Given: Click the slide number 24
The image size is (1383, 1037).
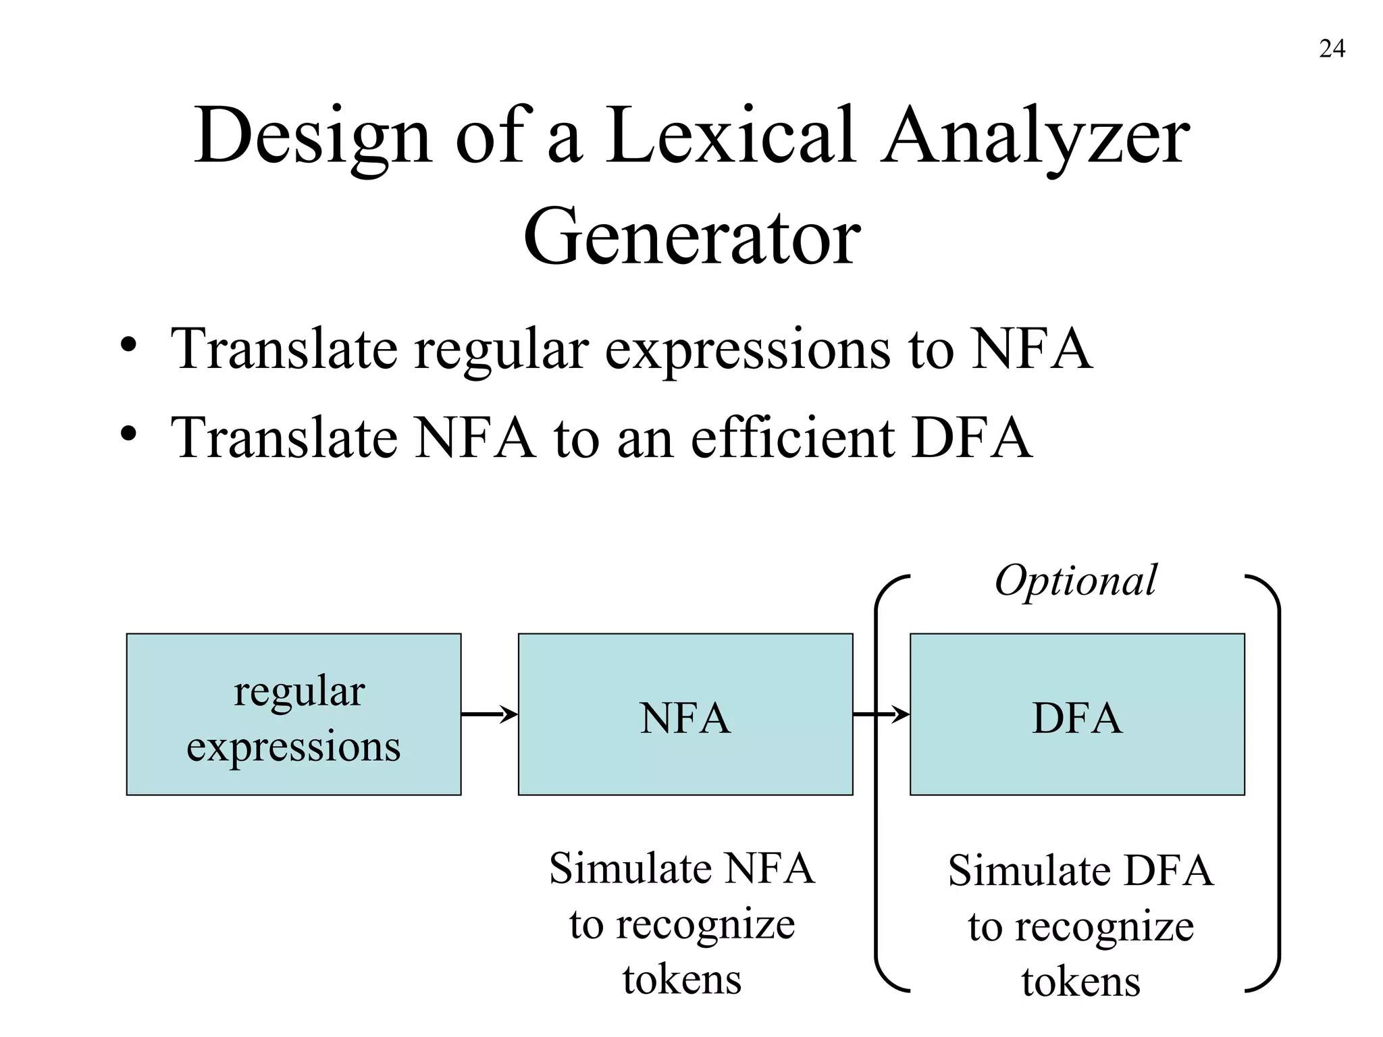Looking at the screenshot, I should (1332, 49).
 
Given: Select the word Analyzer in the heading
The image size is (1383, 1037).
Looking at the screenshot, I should (1035, 138).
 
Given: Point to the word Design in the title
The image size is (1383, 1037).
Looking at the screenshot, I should (312, 138).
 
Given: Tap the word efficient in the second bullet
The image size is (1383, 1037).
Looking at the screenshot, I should (793, 437).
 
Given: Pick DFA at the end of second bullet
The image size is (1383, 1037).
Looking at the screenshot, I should (972, 438).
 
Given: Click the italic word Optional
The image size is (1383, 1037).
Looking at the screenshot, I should (1076, 581).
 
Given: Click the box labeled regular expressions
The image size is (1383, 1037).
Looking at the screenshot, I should (294, 714).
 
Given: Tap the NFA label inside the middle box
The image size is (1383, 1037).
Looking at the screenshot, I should (685, 718).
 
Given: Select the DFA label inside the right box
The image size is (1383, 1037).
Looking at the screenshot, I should (1077, 718).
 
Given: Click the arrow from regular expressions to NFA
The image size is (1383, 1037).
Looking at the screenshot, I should (489, 714).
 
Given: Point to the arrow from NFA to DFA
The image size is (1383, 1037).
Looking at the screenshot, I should (881, 714).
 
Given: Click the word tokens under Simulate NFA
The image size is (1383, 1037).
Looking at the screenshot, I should (682, 980).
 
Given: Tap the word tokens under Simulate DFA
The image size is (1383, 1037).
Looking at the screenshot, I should (1080, 982).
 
